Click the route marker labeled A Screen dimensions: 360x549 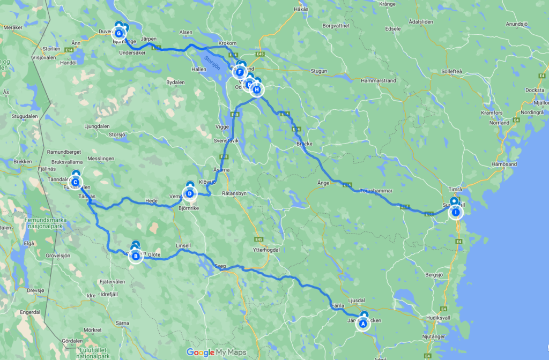(x=363, y=323)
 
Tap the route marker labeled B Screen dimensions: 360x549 (x=136, y=256)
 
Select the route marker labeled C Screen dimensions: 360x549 (x=76, y=183)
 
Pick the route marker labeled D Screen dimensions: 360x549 (x=189, y=193)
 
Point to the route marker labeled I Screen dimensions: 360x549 (x=455, y=212)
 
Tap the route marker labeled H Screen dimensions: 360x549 (x=257, y=90)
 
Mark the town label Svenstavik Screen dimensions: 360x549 (x=226, y=141)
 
